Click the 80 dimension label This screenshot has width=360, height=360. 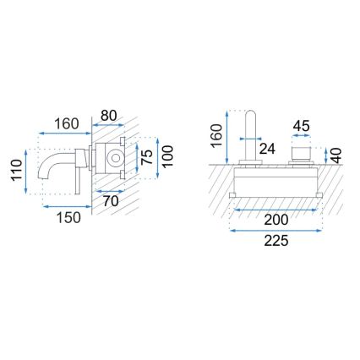(109, 116)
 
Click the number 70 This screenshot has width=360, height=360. (110, 202)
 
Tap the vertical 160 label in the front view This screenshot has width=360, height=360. (218, 137)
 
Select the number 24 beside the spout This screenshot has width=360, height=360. (268, 149)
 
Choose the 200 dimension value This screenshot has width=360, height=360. (274, 217)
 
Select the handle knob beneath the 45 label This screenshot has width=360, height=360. (300, 152)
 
